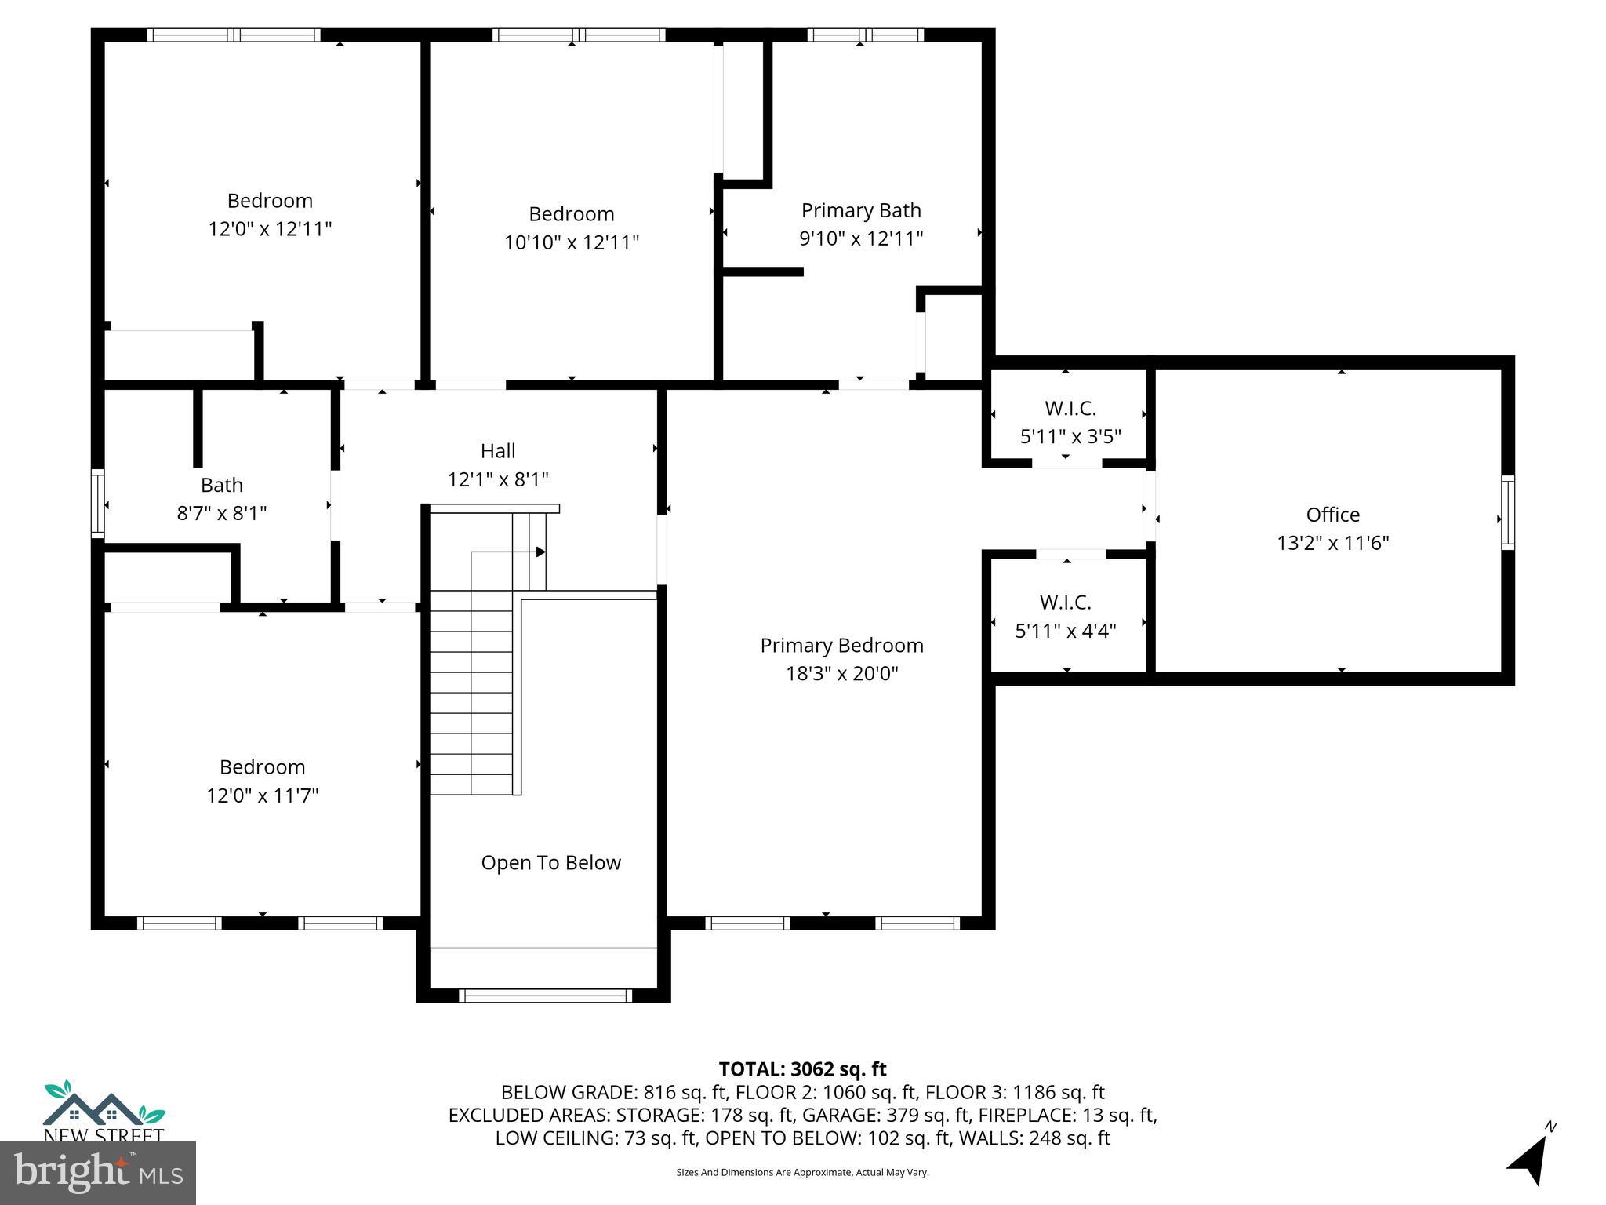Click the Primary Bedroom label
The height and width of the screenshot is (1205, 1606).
pyautogui.click(x=841, y=646)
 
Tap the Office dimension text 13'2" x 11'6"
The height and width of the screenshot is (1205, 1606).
pyautogui.click(x=1332, y=543)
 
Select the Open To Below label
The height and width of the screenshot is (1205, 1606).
pyautogui.click(x=550, y=863)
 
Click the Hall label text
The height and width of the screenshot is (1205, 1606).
pyautogui.click(x=498, y=451)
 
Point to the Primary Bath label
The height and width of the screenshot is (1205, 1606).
pyautogui.click(x=860, y=210)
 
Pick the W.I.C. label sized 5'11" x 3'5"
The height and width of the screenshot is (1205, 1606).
pyautogui.click(x=1070, y=409)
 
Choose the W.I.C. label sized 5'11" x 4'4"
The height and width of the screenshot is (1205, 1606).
pyautogui.click(x=1065, y=602)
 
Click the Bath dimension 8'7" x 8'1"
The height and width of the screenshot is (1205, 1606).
pyautogui.click(x=222, y=513)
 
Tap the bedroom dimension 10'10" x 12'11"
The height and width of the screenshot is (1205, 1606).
pyautogui.click(x=571, y=242)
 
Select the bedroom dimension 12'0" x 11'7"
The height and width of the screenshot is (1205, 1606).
pyautogui.click(x=262, y=795)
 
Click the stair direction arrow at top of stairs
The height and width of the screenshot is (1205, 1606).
pyautogui.click(x=540, y=552)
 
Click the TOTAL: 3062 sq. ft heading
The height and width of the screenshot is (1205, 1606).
pyautogui.click(x=802, y=1069)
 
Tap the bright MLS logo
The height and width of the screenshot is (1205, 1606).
pyautogui.click(x=97, y=1172)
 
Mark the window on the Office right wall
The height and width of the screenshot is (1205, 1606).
pyautogui.click(x=1507, y=512)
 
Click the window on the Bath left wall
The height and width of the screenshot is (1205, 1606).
pyautogui.click(x=98, y=503)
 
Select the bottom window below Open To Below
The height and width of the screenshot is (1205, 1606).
pyautogui.click(x=544, y=996)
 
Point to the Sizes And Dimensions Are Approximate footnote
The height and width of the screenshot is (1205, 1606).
pyautogui.click(x=802, y=1172)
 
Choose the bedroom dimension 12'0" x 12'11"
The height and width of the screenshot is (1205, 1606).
pyautogui.click(x=270, y=229)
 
